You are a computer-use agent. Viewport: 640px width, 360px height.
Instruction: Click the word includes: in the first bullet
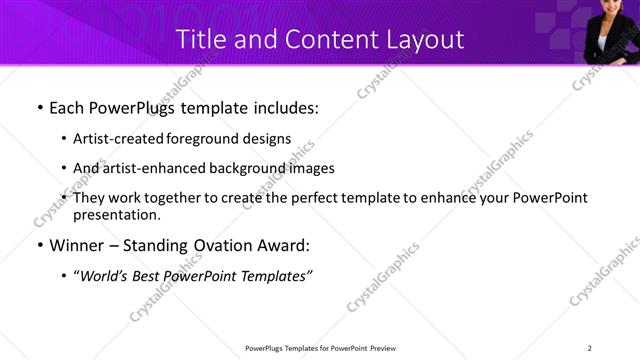tap(282, 107)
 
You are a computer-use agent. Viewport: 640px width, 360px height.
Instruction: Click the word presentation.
tap(116, 215)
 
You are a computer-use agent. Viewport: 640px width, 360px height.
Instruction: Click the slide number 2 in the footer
tap(590, 348)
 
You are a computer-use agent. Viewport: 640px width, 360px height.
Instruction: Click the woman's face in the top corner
tap(611, 12)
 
